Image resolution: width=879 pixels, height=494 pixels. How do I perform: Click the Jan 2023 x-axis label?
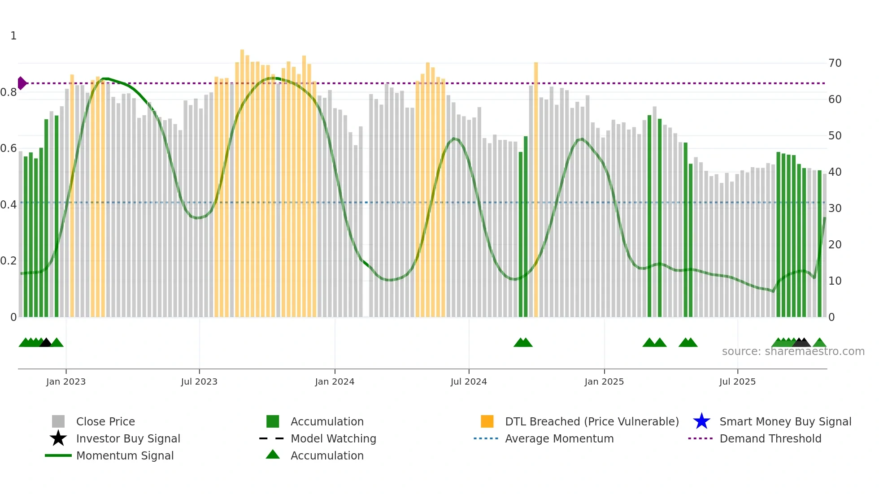pyautogui.click(x=66, y=381)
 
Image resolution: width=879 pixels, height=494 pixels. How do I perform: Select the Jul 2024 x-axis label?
pyautogui.click(x=469, y=381)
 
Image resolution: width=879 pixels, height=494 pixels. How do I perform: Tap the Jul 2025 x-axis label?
pyautogui.click(x=737, y=381)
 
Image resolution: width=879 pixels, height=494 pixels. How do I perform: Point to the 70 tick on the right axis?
pyautogui.click(x=835, y=63)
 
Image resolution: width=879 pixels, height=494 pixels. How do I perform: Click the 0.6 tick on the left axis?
pyautogui.click(x=9, y=148)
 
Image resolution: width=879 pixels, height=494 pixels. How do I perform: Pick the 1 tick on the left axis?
pyautogui.click(x=13, y=36)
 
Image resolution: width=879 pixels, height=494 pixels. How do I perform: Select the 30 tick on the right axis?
pyautogui.click(x=835, y=208)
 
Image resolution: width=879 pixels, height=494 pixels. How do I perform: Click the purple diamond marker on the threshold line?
pyautogui.click(x=22, y=83)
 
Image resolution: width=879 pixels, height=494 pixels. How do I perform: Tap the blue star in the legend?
pyautogui.click(x=701, y=421)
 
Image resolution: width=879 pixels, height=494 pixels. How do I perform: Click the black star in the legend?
pyautogui.click(x=58, y=438)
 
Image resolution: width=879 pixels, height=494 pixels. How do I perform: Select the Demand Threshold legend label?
pyautogui.click(x=770, y=438)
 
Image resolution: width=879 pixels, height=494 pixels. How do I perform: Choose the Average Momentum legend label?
pyautogui.click(x=559, y=438)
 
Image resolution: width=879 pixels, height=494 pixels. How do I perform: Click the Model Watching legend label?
pyautogui.click(x=333, y=438)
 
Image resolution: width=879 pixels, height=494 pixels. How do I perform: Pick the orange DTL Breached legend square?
pyautogui.click(x=487, y=421)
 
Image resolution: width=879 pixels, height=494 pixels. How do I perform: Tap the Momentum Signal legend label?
pyautogui.click(x=125, y=455)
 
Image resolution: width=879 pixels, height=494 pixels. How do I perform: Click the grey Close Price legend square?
pyautogui.click(x=58, y=421)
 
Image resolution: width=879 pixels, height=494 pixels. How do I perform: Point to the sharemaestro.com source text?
pyautogui.click(x=793, y=351)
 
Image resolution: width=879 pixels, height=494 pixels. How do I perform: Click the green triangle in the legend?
pyautogui.click(x=273, y=455)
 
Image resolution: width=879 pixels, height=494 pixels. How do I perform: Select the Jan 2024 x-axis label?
pyautogui.click(x=335, y=381)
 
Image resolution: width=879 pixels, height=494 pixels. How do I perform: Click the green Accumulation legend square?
pyautogui.click(x=273, y=421)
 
